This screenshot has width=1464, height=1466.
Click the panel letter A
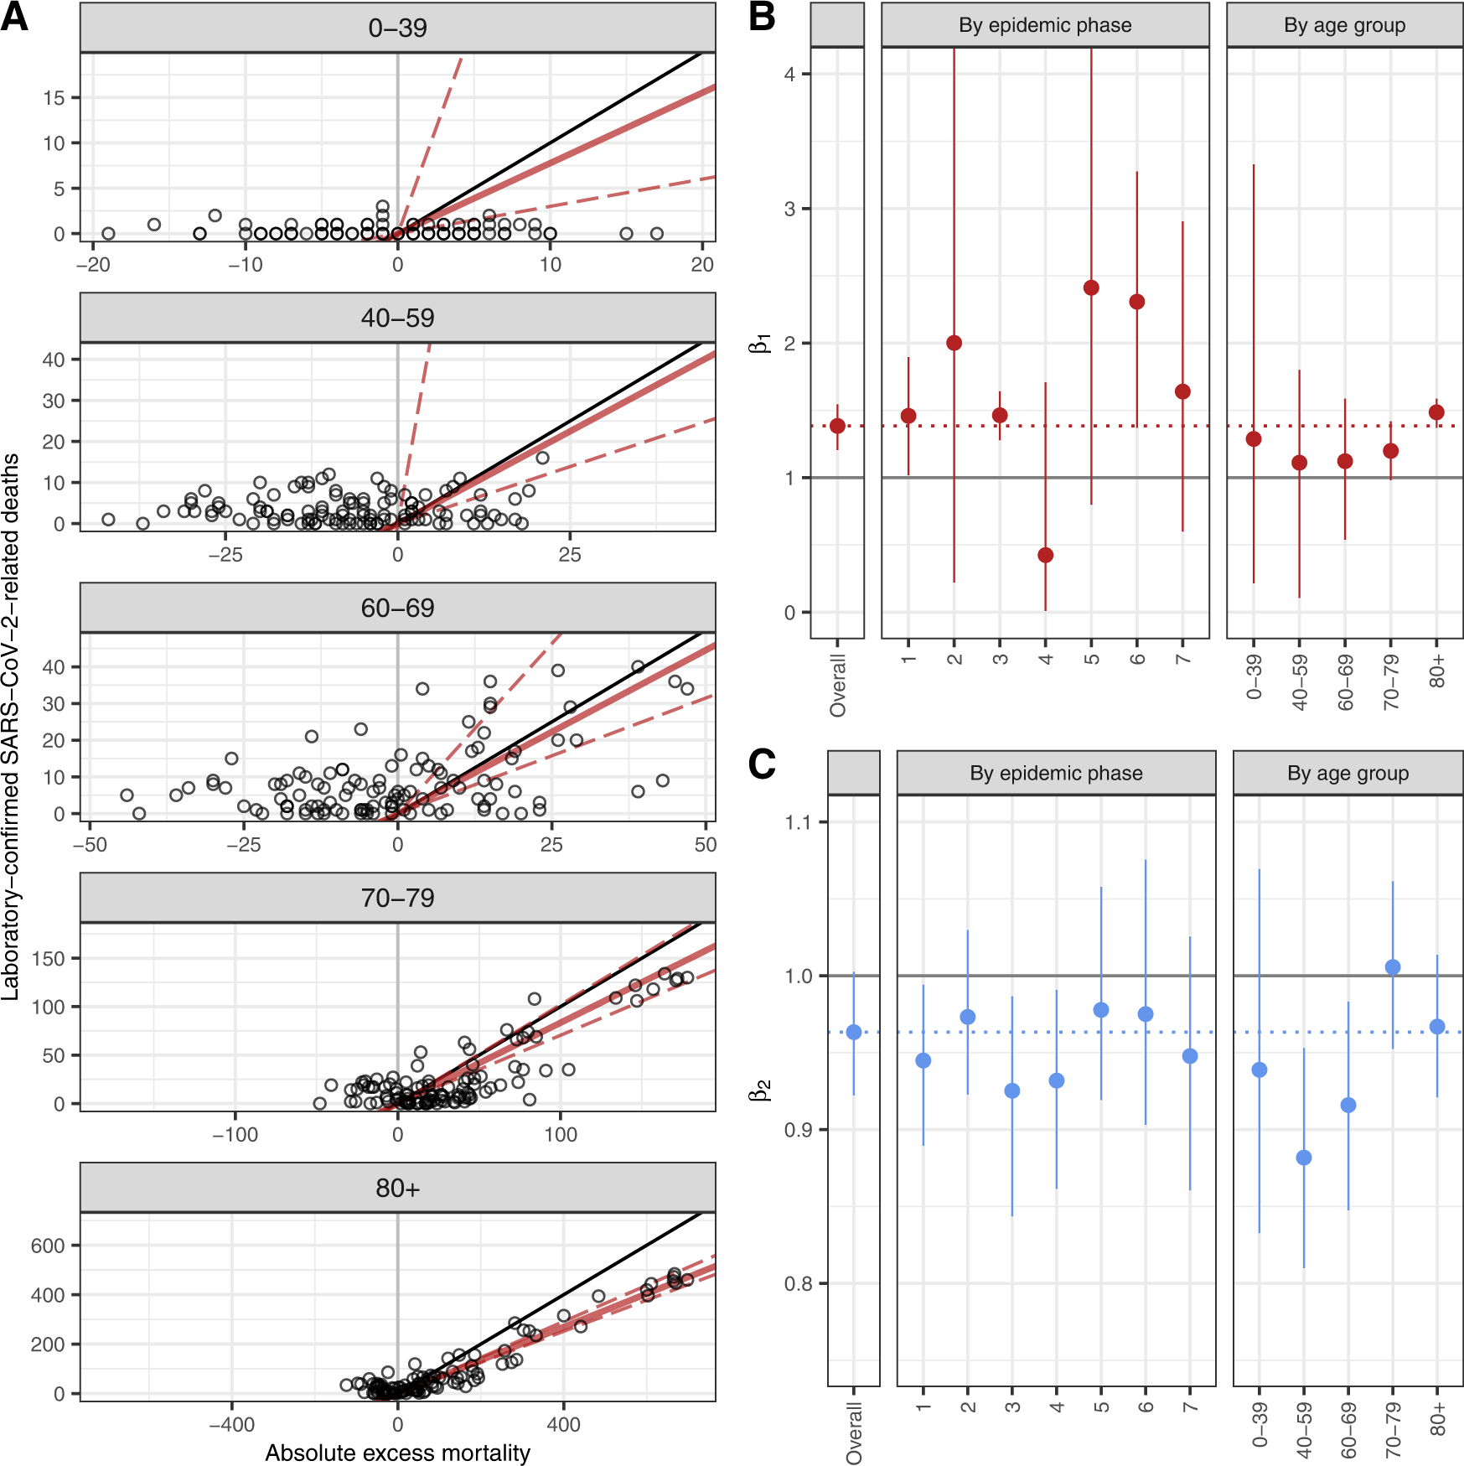[14, 17]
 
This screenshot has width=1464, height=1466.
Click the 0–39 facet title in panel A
[397, 28]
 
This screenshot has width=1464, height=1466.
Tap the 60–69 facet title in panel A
[397, 608]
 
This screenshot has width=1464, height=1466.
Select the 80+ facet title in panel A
[397, 1188]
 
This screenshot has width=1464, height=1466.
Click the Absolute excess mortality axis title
[397, 1453]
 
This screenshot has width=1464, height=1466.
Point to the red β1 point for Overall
[837, 426]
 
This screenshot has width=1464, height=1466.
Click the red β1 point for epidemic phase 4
[1045, 555]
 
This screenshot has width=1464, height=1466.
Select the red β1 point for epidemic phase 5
[1091, 288]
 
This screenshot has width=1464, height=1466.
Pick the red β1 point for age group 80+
[1436, 412]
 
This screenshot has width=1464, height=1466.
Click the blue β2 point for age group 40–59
[1304, 1158]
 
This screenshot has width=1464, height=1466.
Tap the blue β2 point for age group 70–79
[1393, 967]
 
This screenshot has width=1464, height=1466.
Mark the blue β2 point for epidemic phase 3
[1012, 1090]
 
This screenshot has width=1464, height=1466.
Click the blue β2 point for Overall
[854, 1032]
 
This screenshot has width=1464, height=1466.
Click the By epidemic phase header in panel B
[1045, 25]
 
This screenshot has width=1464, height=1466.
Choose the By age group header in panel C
[1348, 773]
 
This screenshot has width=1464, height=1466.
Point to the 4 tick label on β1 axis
[789, 74]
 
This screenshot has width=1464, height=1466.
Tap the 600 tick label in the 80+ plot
[48, 1246]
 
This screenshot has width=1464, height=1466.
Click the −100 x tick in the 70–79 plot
[235, 1135]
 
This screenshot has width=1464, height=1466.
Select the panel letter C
[762, 764]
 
